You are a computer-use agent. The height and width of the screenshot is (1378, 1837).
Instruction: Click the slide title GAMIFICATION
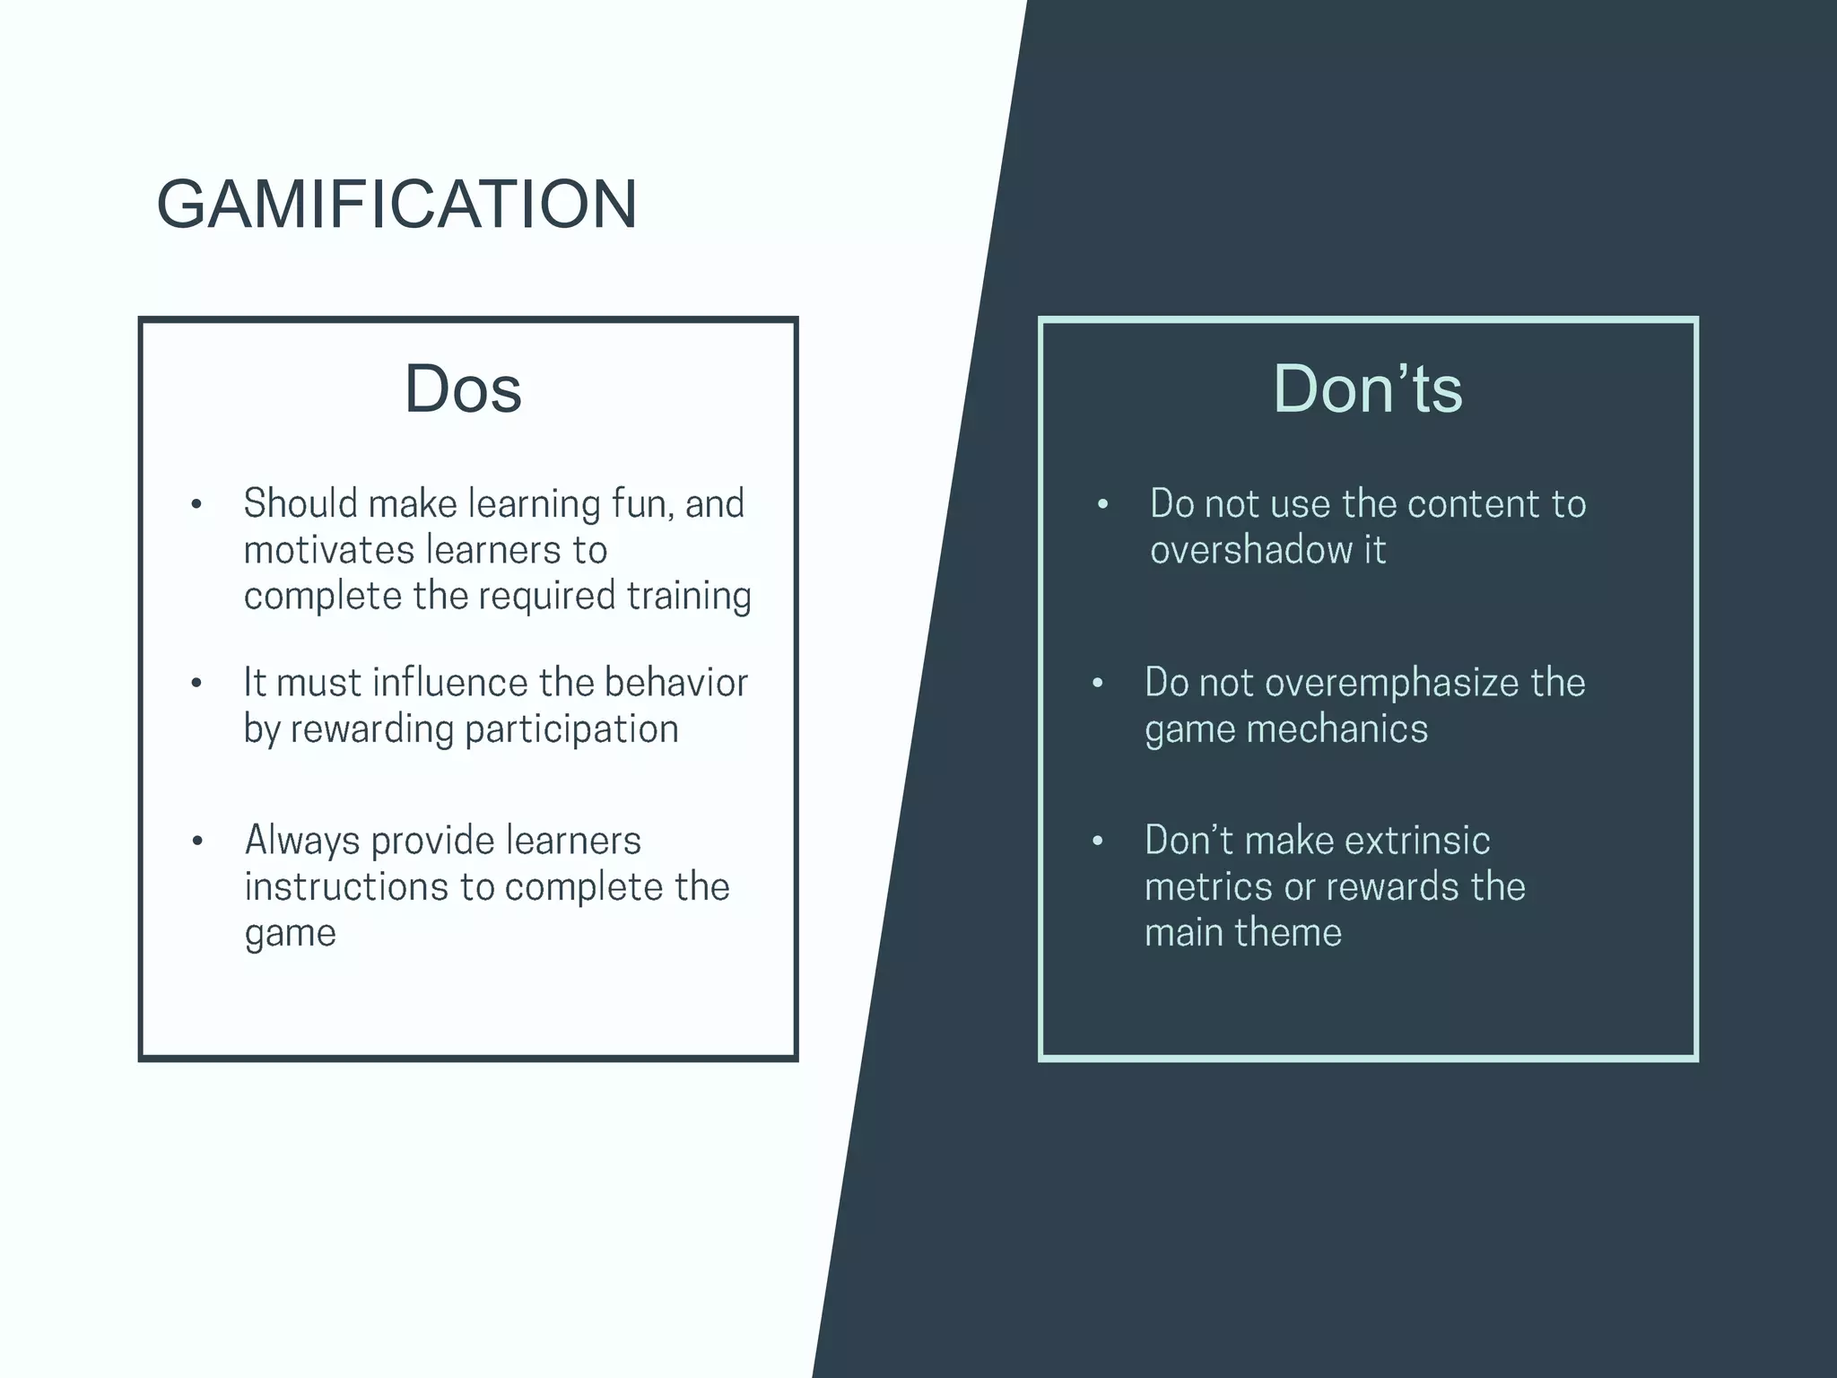pos(396,205)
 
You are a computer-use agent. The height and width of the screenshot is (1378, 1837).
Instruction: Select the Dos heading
pos(463,389)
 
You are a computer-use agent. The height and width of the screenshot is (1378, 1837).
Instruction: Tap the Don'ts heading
pos(1367,389)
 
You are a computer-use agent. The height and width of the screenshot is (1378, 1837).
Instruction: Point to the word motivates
pos(326,550)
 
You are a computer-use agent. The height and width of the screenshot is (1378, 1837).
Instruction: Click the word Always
pos(302,842)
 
